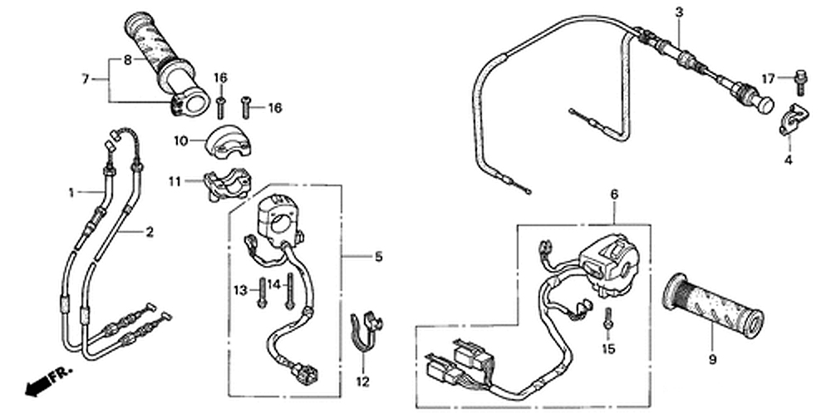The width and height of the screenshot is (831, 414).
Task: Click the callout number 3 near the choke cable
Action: pos(679,12)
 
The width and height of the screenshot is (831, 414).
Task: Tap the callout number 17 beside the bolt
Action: pos(768,79)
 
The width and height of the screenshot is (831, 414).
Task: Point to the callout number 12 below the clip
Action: pos(361,382)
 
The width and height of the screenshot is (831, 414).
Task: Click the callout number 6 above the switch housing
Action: pos(614,194)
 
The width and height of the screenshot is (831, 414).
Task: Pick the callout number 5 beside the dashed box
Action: pos(378,257)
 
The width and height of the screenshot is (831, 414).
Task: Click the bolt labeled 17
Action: pos(800,81)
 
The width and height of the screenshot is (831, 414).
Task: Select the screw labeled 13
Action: pos(263,292)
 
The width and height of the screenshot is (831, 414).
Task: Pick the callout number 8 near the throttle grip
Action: pos(127,60)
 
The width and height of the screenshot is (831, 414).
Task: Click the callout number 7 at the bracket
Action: pos(85,79)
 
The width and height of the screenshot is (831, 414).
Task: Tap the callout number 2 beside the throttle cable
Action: pos(150,232)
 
